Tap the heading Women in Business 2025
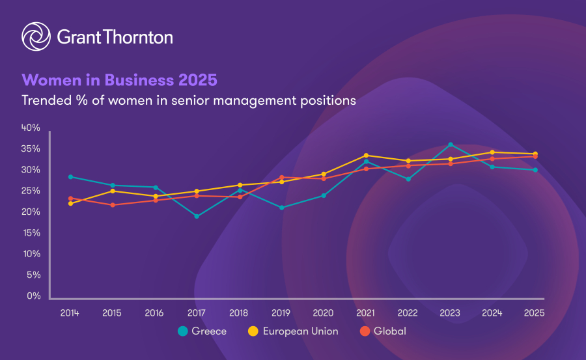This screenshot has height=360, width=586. point(119,80)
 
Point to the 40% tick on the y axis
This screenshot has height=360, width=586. point(31,128)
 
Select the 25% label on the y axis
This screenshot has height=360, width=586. point(31,191)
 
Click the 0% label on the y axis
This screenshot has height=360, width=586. point(34,296)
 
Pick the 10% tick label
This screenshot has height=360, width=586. point(31,254)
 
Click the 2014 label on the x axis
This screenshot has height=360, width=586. point(70,312)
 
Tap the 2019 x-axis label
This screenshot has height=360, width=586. point(281,312)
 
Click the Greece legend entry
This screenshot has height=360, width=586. point(202,331)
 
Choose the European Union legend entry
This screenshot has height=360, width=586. point(293,331)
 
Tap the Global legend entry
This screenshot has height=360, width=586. point(384,331)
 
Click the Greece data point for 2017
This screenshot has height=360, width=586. point(197,216)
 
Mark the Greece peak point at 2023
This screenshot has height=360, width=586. point(451,145)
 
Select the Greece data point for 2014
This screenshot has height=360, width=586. point(70,176)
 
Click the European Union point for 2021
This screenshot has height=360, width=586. point(366,156)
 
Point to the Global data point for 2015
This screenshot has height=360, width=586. point(112,205)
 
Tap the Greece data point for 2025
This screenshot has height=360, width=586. point(535,170)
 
